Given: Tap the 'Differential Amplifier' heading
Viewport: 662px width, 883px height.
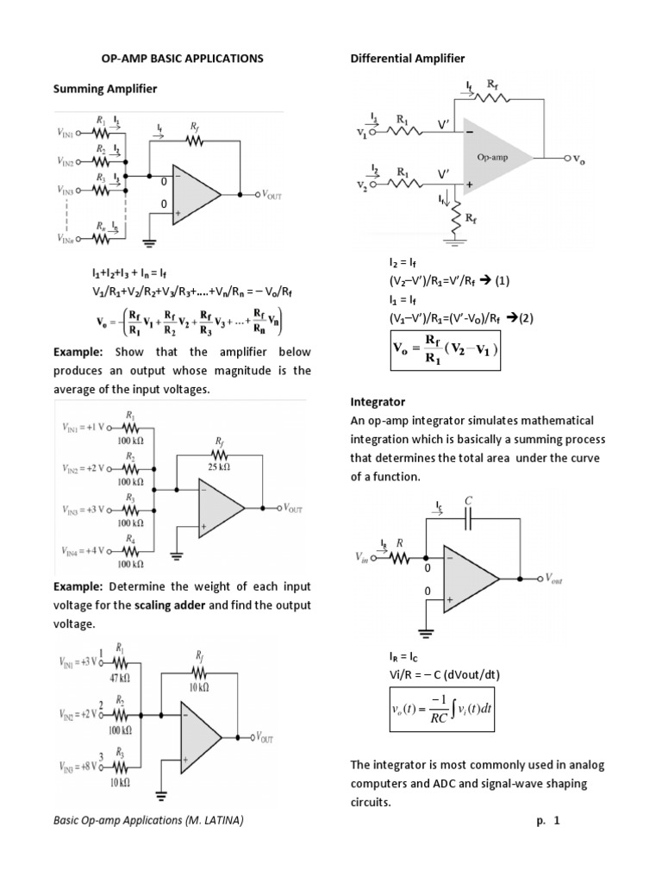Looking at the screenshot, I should point(408,59).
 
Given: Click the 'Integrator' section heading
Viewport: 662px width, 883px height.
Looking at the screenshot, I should point(378,403).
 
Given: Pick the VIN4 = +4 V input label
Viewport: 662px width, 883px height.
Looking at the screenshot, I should point(84,548).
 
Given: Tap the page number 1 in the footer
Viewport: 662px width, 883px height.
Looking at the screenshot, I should point(557,822).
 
